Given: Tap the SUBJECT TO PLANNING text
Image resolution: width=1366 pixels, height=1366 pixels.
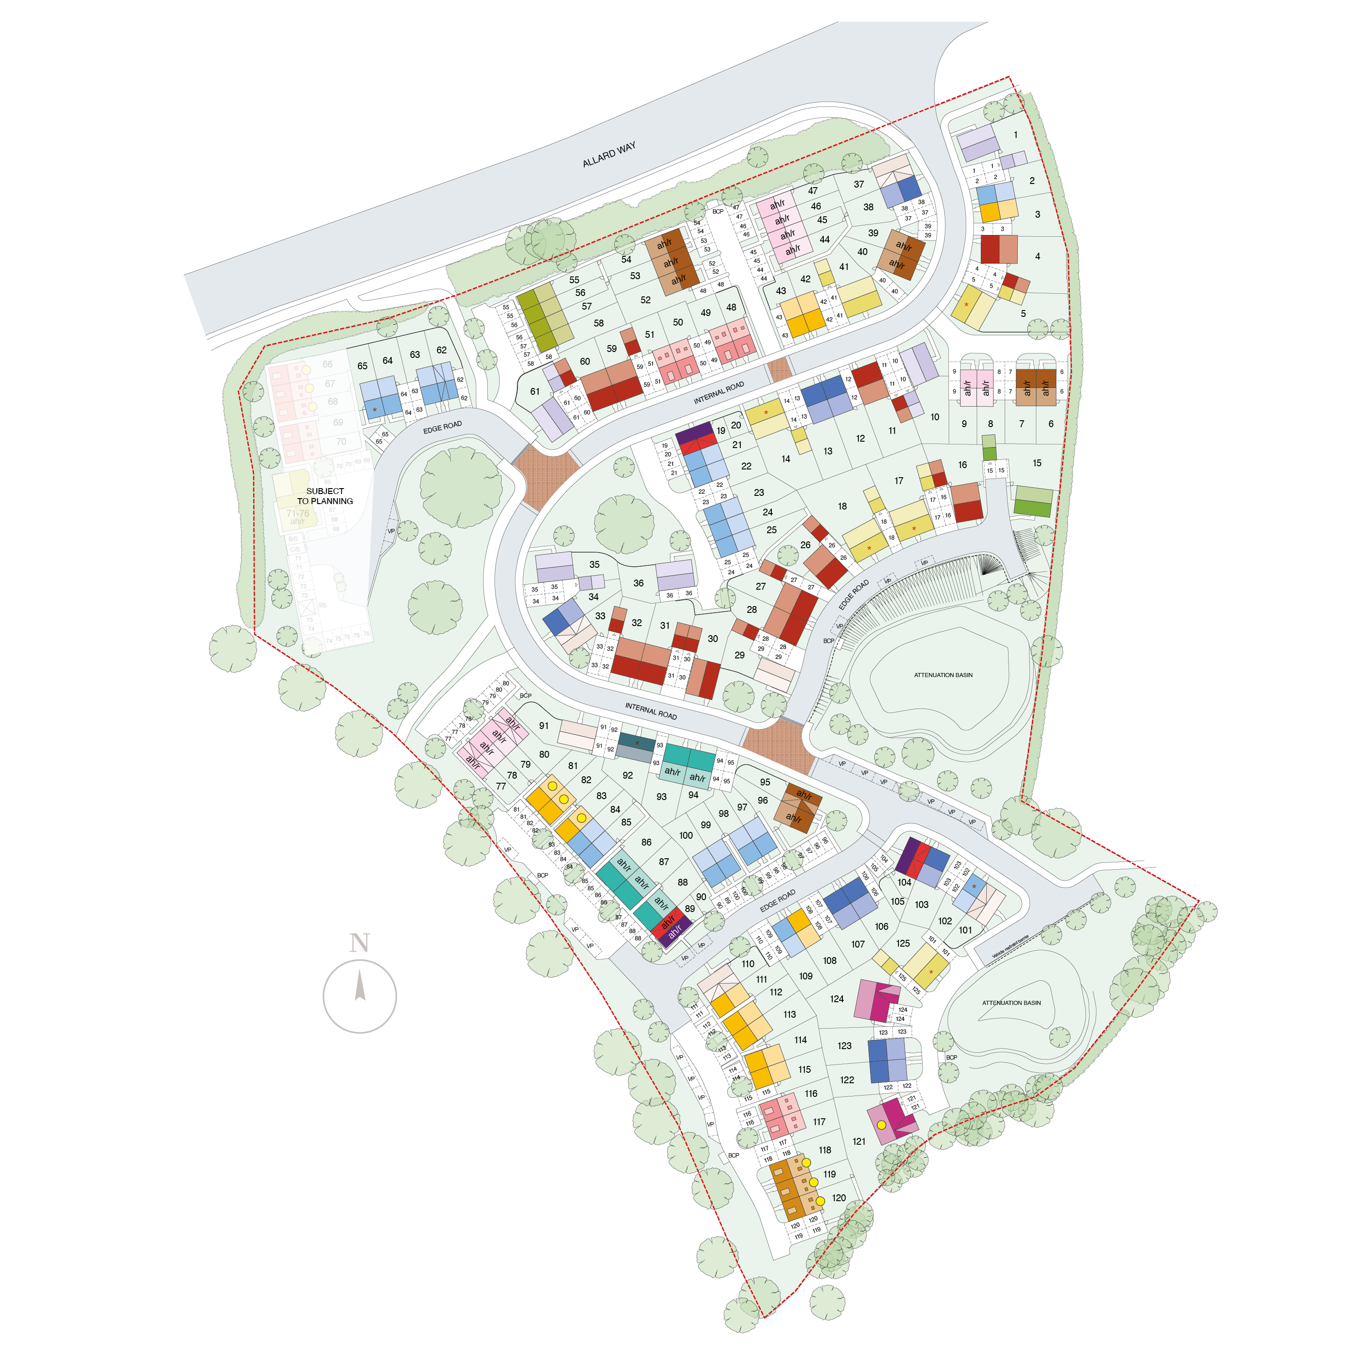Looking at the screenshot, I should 325,496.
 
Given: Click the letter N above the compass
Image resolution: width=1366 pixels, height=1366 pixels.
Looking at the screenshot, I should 359,943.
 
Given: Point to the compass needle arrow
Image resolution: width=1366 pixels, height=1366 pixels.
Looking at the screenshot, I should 360,985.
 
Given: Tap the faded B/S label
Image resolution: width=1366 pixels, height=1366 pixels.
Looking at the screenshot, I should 293,539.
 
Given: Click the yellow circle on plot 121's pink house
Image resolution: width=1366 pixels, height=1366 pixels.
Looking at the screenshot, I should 881,1125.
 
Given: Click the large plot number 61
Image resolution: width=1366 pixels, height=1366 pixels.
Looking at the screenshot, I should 535,392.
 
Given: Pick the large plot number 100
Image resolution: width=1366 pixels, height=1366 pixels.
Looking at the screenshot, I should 686,835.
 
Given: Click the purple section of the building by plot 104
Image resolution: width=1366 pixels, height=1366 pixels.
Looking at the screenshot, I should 907,856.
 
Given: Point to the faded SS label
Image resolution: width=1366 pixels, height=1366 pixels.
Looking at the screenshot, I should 322,605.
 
